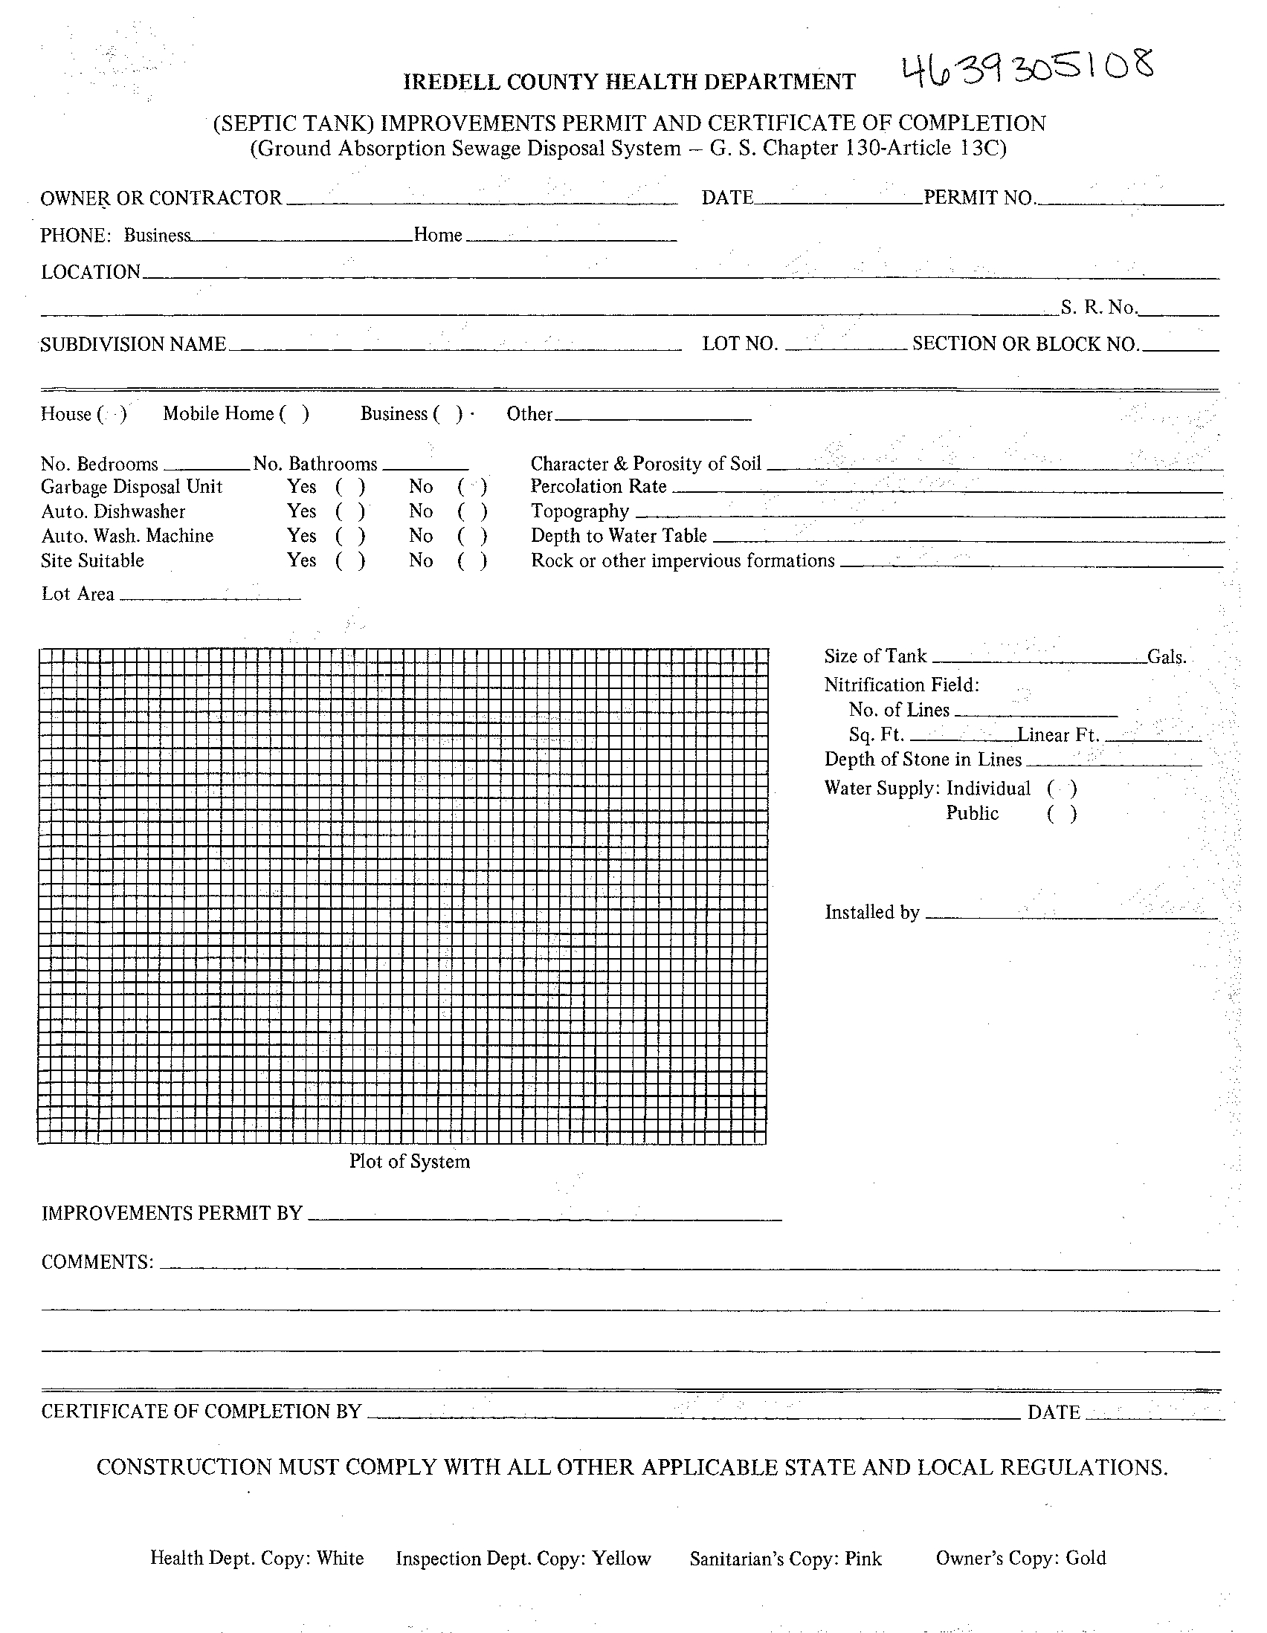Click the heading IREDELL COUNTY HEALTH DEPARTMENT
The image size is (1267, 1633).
[x=629, y=83]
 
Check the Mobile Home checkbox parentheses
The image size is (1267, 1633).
[x=294, y=414]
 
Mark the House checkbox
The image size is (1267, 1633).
[x=112, y=414]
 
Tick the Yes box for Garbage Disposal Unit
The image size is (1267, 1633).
[x=350, y=488]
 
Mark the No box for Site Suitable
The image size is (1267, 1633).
[x=472, y=560]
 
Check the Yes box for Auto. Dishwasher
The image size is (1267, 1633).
[x=350, y=512]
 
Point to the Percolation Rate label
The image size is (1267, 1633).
[x=599, y=487]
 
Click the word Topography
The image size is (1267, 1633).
[x=580, y=511]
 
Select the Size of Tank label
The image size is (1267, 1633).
[x=875, y=656]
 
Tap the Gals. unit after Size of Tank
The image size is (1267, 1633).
[x=1167, y=657]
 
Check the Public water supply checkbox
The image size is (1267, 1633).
[x=1062, y=813]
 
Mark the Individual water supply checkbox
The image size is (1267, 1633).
[x=1062, y=789]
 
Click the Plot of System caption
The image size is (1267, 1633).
[x=409, y=1162]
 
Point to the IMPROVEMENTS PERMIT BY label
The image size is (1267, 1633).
[x=172, y=1213]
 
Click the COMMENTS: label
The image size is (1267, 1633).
[x=97, y=1262]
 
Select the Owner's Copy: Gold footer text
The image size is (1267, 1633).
[x=1020, y=1558]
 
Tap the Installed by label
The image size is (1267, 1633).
[x=872, y=912]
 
